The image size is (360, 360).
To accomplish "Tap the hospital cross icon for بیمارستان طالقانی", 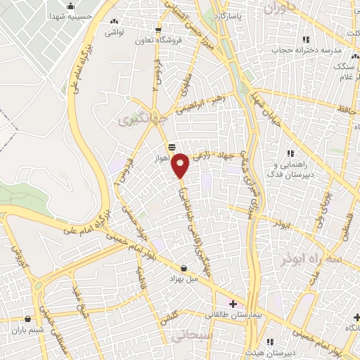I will coord(233,304).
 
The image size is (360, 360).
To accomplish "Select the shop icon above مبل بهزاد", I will coord(184,268).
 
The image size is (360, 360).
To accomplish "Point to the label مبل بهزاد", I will coord(184,279).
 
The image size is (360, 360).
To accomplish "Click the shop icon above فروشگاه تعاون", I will coord(159,30).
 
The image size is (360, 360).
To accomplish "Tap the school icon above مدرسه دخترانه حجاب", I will coord(304,39).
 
